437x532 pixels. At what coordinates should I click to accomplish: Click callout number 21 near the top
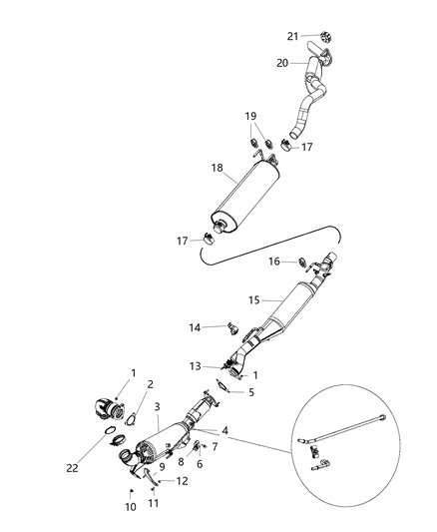(x=292, y=36)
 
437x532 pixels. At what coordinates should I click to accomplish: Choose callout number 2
(x=151, y=382)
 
